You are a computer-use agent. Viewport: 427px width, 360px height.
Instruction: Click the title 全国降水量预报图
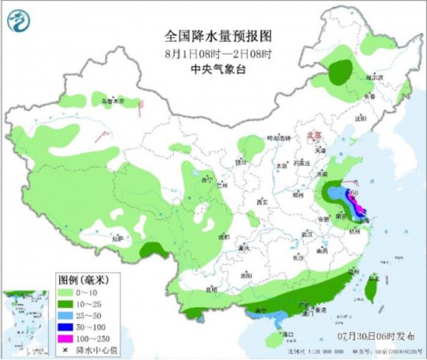[209, 35]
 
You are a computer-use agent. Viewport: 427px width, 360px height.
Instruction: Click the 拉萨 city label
[118, 238]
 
